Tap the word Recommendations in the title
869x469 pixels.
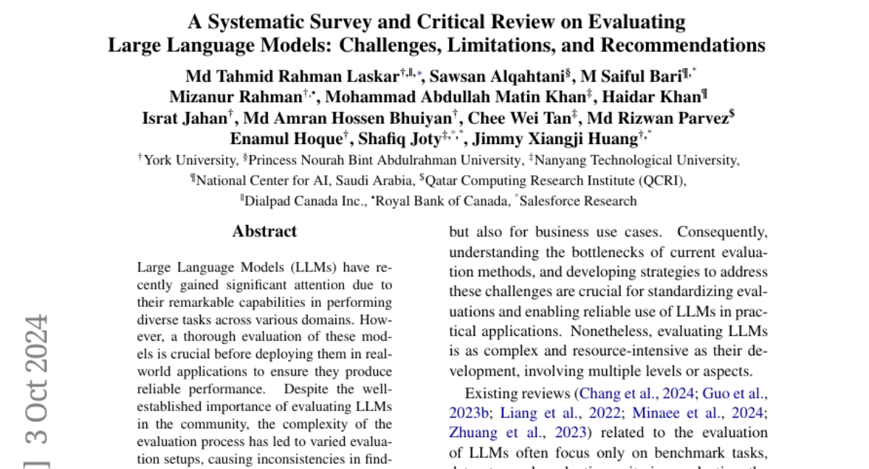click(x=682, y=46)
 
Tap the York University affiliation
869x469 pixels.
click(x=190, y=160)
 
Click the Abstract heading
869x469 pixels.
click(x=264, y=232)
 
